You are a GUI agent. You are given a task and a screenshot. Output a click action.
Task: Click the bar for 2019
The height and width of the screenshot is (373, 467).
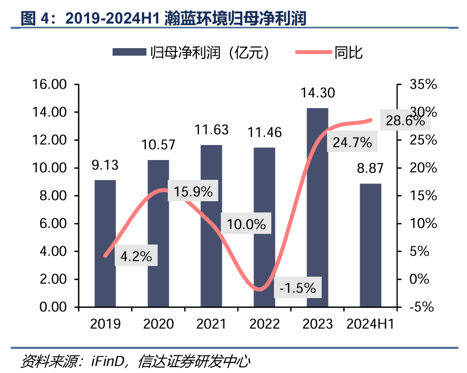pyautogui.click(x=105, y=243)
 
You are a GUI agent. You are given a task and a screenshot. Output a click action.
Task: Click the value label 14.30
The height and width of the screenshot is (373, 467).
pyautogui.click(x=317, y=93)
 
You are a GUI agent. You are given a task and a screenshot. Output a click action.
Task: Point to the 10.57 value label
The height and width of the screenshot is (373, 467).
pyautogui.click(x=158, y=144)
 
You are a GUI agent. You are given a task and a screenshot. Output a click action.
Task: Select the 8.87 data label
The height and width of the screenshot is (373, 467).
pyautogui.click(x=370, y=169)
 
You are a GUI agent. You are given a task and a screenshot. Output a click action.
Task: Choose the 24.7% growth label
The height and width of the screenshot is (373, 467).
pyautogui.click(x=352, y=142)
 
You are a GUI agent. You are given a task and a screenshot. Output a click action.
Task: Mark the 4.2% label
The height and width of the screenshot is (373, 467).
pyautogui.click(x=136, y=256)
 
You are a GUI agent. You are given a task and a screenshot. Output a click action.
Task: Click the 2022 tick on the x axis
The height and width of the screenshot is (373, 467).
pyautogui.click(x=264, y=324)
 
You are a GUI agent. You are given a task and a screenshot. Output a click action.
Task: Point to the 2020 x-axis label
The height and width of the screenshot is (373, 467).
pyautogui.click(x=158, y=324)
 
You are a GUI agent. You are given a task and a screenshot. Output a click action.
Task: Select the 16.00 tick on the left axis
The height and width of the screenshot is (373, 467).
pyautogui.click(x=49, y=85)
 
